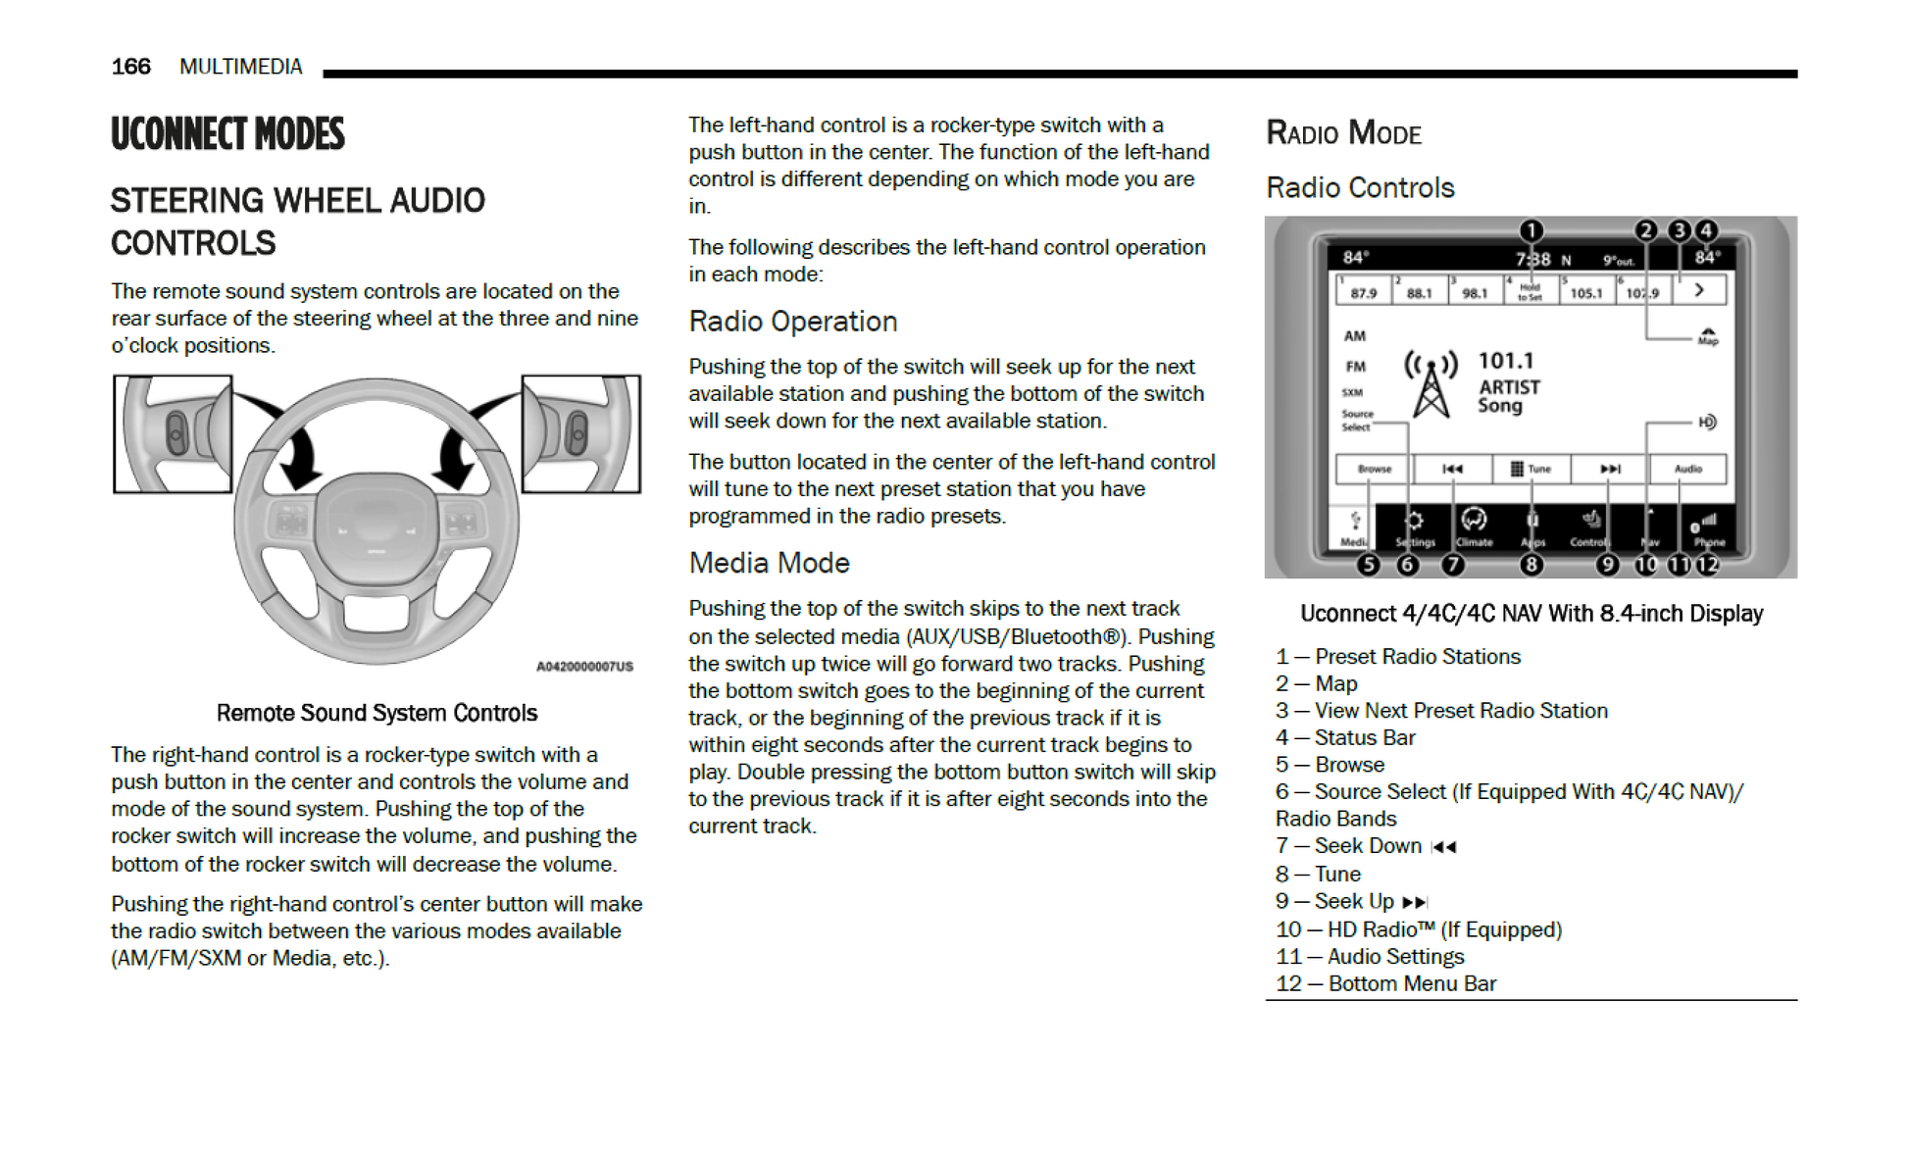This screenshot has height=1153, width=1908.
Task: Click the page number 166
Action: (130, 67)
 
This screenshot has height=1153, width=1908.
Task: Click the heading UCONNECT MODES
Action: (227, 134)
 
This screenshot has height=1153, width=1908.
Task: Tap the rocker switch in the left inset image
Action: (176, 432)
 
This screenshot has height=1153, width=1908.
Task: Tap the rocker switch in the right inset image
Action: (577, 432)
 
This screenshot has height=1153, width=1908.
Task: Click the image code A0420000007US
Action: (584, 667)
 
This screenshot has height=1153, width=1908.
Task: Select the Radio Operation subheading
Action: (792, 322)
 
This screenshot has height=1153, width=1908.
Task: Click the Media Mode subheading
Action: (769, 563)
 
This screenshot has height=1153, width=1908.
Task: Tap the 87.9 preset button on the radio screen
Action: (1363, 292)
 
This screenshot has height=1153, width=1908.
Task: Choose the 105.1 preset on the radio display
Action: (1585, 292)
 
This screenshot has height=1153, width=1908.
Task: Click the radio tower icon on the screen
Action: (1431, 384)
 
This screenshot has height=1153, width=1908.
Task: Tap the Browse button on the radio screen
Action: (1374, 469)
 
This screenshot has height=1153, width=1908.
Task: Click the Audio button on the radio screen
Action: (1687, 469)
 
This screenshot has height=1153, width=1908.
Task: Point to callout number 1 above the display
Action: (1531, 230)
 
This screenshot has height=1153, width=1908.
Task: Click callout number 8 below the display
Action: (1531, 565)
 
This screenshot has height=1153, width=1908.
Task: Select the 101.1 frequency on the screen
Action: (1506, 361)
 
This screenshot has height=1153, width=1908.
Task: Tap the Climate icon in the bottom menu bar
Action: (1474, 526)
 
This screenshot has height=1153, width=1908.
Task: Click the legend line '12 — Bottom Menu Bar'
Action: (1385, 983)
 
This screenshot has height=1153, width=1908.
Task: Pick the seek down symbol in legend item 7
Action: (1443, 847)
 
